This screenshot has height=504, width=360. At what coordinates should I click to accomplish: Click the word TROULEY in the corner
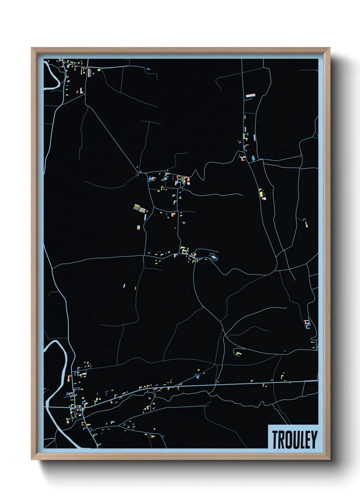tap(294, 439)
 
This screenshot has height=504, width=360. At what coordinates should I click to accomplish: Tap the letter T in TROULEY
tap(275, 439)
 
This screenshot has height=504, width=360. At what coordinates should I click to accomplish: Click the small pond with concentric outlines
tap(213, 256)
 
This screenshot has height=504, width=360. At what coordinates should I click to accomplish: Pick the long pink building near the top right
tap(250, 96)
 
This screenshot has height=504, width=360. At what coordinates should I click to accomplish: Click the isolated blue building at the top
tap(148, 69)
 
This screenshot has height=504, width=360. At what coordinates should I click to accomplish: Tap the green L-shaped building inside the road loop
tap(239, 353)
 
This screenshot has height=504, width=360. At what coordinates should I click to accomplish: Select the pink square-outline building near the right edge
tap(307, 322)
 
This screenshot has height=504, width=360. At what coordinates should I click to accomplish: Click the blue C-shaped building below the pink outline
tap(308, 327)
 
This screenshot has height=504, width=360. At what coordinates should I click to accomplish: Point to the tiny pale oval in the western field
tap(124, 286)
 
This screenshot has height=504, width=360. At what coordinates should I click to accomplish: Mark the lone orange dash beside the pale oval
tap(135, 288)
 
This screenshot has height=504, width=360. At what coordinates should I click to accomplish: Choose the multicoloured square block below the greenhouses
tap(139, 227)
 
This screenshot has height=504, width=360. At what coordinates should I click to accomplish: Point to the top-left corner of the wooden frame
tap(32, 48)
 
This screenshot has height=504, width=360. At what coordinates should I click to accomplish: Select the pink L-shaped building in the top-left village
tap(81, 91)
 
